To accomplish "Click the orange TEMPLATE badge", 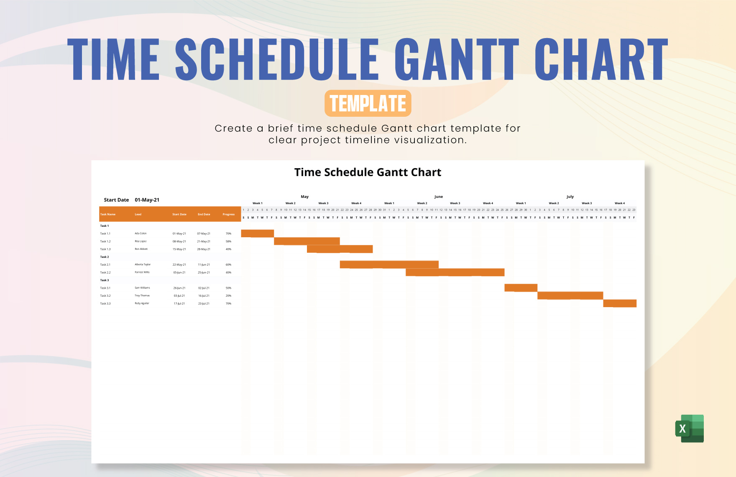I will click(x=368, y=103).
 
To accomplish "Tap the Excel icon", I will click(x=690, y=428).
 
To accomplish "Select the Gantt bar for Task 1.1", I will click(x=257, y=233).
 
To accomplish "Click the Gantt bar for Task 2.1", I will click(x=389, y=264).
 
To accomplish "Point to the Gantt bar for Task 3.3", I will click(x=619, y=303).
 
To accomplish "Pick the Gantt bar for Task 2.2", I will click(x=455, y=272).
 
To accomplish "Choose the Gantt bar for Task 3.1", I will click(x=521, y=288).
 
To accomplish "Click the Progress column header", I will click(x=228, y=214).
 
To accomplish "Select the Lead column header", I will click(x=138, y=214).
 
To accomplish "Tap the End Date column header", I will click(x=204, y=214).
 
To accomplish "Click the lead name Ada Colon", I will click(x=141, y=233).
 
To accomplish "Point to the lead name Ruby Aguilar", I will click(x=142, y=303).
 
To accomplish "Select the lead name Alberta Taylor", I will click(x=143, y=264).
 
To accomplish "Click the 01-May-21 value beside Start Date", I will click(x=147, y=200).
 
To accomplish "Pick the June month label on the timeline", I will click(x=438, y=197).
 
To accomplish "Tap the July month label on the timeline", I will click(x=570, y=197).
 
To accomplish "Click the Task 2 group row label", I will click(x=105, y=257).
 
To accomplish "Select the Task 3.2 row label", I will click(x=105, y=296).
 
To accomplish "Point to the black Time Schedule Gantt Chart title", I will click(x=368, y=172).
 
